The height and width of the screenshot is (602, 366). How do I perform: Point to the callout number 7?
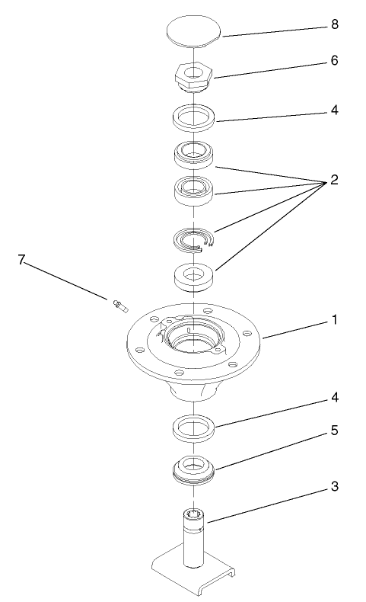click(21, 261)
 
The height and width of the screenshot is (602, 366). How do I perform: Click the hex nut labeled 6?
click(194, 76)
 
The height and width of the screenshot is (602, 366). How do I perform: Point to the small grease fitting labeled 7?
click(119, 306)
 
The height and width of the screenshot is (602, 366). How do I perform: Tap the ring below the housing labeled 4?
click(193, 428)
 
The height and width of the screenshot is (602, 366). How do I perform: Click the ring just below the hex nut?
click(194, 118)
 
